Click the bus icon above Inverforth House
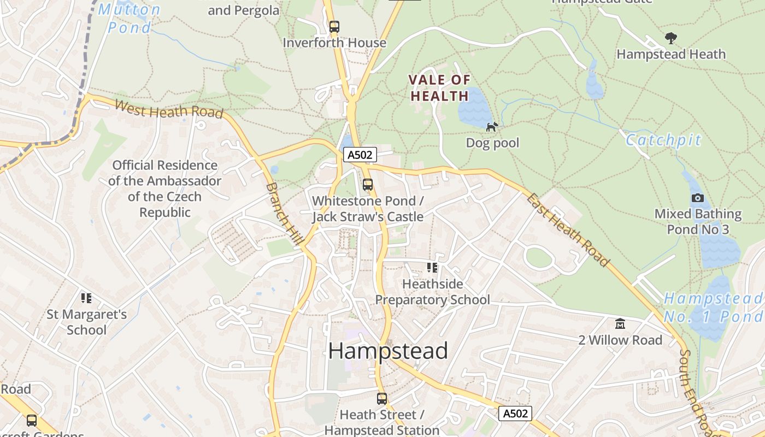[334, 26]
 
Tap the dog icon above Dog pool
[492, 127]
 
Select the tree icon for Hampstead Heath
[670, 38]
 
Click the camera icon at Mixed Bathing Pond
[697, 198]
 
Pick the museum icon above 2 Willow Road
[620, 324]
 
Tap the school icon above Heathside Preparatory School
[432, 268]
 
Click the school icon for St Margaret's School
[86, 298]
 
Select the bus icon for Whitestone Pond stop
[368, 185]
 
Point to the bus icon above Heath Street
[381, 399]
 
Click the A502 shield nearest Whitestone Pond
[360, 155]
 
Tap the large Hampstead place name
[388, 351]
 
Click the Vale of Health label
[439, 88]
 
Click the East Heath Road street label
[568, 229]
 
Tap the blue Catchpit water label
[663, 140]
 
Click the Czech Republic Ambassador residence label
[164, 188]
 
